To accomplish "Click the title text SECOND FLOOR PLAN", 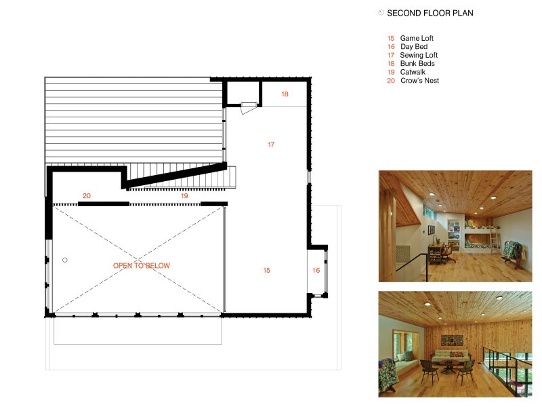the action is click(430, 13).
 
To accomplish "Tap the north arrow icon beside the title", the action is click(381, 13).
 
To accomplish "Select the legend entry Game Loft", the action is click(417, 38).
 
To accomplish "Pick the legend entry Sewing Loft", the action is click(419, 55).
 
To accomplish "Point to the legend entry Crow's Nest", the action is click(419, 81).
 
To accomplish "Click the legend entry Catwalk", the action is click(413, 72).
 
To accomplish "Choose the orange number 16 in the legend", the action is click(391, 47).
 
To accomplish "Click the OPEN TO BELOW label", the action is click(142, 265).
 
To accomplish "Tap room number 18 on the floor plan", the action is click(285, 94).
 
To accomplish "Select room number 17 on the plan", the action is click(271, 144).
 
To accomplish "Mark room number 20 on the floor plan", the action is click(87, 196).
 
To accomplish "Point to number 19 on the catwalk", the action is click(184, 196).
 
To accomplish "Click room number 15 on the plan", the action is click(266, 270).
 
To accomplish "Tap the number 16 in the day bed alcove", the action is click(316, 270).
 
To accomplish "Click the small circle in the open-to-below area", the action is click(65, 260).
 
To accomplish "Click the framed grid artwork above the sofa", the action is click(452, 341).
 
